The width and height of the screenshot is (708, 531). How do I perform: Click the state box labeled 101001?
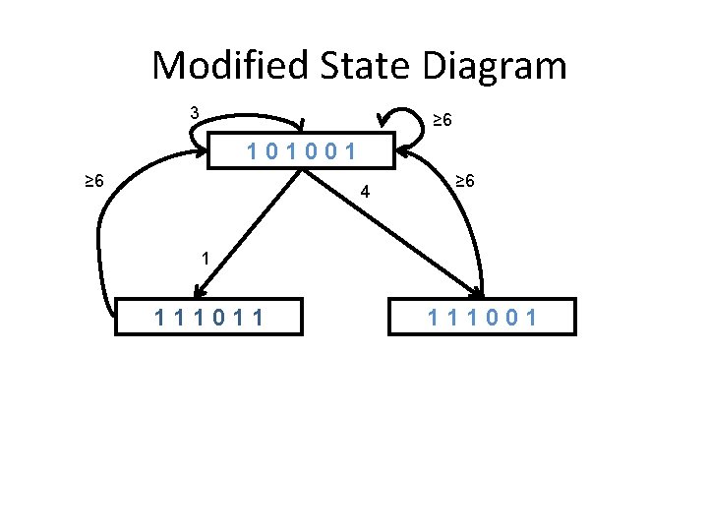pos(303,152)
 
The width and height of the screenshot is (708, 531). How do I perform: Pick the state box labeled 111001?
pos(482,317)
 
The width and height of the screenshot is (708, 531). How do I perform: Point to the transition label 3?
pos(195,113)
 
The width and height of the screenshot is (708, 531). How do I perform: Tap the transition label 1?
pos(204,260)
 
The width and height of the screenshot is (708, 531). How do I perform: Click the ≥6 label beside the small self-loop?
pos(442,120)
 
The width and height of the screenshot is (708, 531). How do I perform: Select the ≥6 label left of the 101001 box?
pos(94,182)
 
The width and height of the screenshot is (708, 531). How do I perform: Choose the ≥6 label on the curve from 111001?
pos(465,182)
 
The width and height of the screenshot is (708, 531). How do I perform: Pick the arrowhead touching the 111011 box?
pos(200,289)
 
